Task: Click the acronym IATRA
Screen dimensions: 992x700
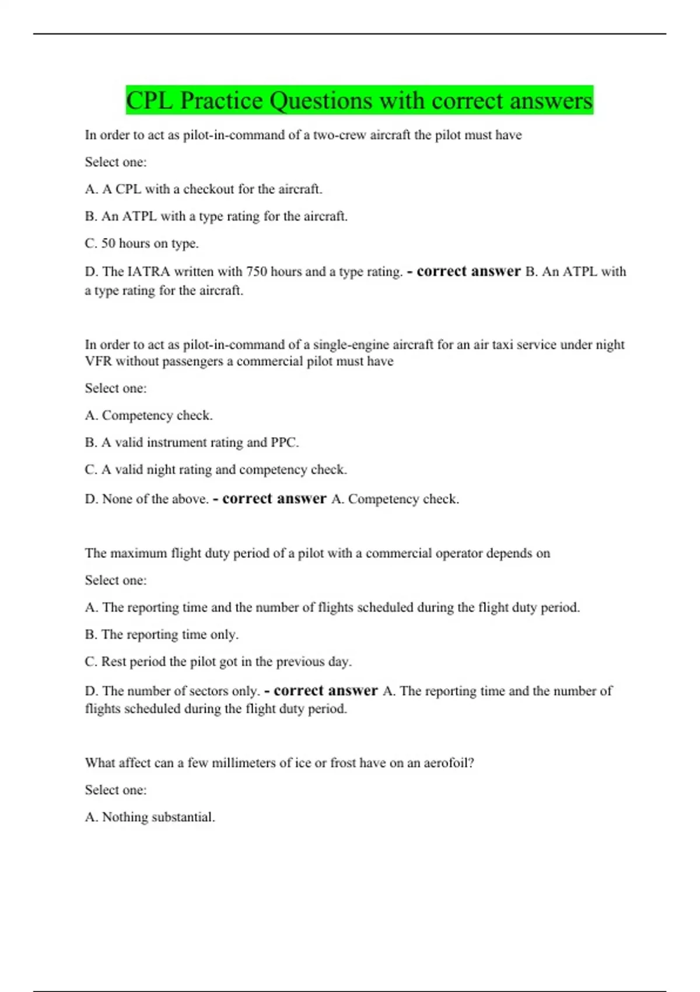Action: point(148,272)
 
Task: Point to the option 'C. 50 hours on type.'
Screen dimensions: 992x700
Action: point(142,243)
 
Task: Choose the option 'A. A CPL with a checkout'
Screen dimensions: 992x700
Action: point(203,189)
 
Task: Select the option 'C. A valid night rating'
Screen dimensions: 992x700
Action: point(216,470)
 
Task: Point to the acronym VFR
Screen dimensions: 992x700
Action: point(99,361)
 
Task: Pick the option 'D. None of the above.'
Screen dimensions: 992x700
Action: point(146,499)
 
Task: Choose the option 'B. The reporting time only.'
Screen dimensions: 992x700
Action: point(162,634)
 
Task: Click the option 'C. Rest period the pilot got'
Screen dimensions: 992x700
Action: point(218,662)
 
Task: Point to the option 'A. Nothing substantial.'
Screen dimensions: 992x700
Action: point(150,817)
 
